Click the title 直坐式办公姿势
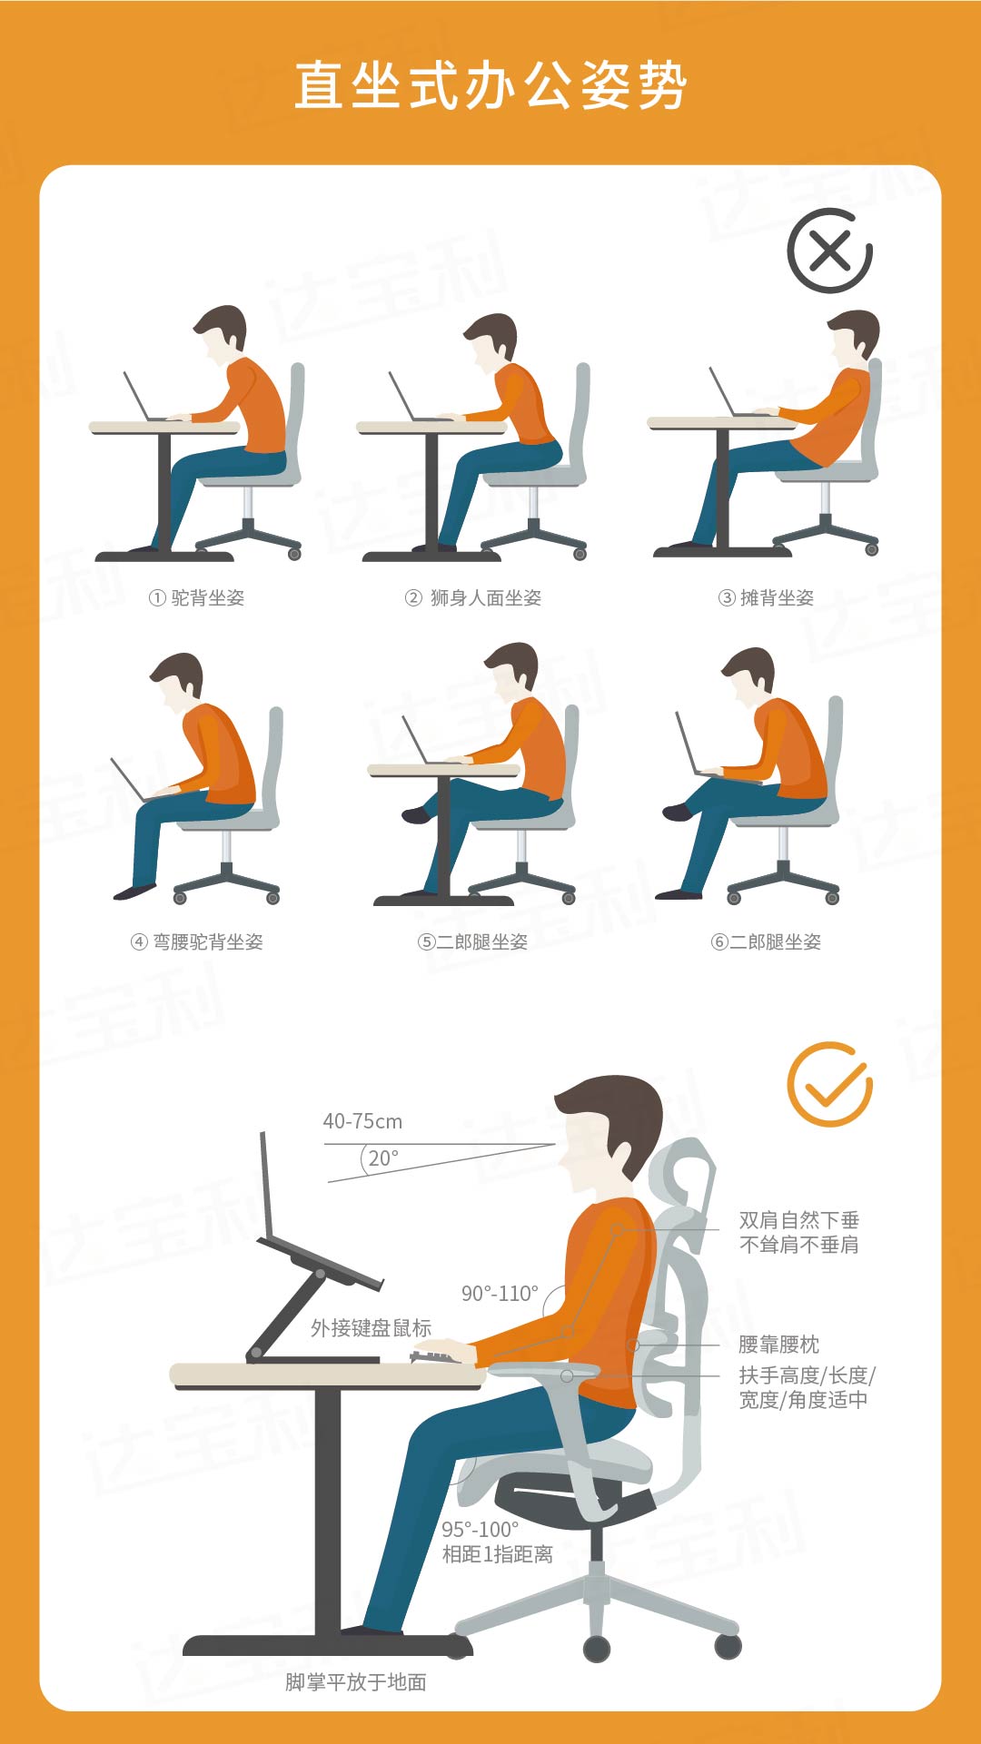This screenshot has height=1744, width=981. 490,86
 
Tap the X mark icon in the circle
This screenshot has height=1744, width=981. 829,251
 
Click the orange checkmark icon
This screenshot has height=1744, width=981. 829,1084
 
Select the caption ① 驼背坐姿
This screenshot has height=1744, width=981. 197,597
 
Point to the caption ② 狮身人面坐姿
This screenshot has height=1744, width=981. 473,597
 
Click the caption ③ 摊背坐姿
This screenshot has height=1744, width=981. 767,597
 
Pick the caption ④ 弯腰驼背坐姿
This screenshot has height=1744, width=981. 197,941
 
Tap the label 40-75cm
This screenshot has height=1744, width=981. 362,1121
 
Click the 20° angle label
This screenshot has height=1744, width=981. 383,1158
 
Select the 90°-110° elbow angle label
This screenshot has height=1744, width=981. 500,1293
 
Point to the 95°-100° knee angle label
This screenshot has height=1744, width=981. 481,1530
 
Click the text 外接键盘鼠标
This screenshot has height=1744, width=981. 371,1328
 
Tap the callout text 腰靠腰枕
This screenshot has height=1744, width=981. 779,1344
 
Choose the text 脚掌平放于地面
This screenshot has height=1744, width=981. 356,1682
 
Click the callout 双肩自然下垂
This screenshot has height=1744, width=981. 799,1219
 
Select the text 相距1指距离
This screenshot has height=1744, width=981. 498,1554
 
